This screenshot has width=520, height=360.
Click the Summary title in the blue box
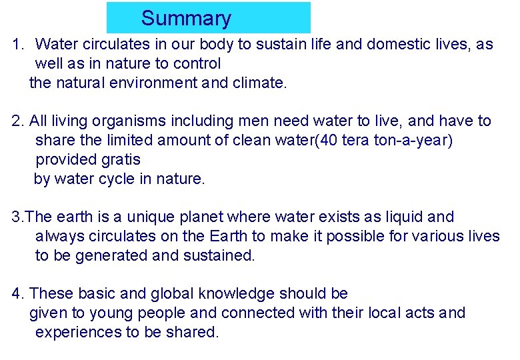point(186,19)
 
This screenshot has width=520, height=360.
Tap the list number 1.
point(17,45)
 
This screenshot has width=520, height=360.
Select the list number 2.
point(17,121)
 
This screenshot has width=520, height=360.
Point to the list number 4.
point(17,293)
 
